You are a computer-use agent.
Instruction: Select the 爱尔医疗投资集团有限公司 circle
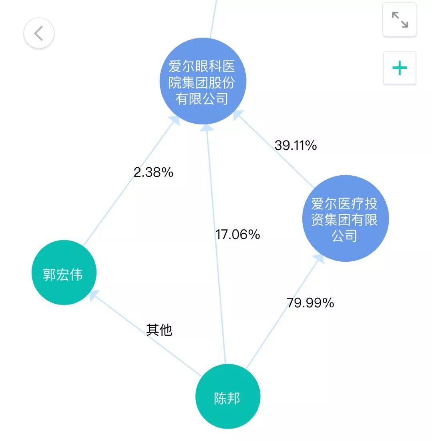click(x=345, y=218)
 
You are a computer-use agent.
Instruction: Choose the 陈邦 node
click(x=227, y=396)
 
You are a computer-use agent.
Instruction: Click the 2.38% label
click(x=153, y=172)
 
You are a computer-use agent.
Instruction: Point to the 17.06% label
click(x=237, y=235)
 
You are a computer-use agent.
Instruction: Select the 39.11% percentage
click(x=295, y=145)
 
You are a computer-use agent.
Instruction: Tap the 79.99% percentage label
click(x=310, y=303)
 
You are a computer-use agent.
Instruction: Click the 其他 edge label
click(x=159, y=330)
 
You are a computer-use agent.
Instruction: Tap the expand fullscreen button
click(x=400, y=20)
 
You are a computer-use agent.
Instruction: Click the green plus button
click(x=400, y=68)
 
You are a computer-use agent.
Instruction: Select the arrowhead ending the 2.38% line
click(x=175, y=120)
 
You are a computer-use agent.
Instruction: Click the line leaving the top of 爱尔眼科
click(x=213, y=18)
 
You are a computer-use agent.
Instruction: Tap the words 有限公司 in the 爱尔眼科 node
click(x=202, y=98)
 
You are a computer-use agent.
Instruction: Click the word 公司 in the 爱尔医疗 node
click(x=344, y=236)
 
